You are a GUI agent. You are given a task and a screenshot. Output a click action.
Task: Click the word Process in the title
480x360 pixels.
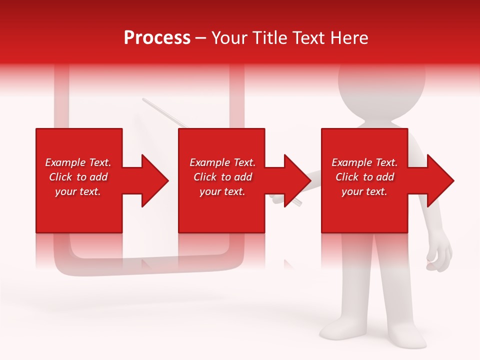click(157, 38)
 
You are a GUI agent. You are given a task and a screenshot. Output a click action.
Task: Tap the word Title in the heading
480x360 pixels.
click(270, 38)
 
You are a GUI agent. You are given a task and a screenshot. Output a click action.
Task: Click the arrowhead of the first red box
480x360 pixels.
click(152, 180)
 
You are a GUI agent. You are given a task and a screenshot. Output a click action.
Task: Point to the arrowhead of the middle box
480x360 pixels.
click(295, 180)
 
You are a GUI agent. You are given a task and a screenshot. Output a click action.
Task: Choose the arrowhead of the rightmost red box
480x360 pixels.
click(438, 180)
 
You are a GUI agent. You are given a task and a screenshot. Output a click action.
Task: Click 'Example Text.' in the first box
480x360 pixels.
click(78, 162)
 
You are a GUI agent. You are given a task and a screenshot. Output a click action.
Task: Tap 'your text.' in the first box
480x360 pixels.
click(78, 191)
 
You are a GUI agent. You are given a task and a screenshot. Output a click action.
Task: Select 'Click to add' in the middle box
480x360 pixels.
click(222, 177)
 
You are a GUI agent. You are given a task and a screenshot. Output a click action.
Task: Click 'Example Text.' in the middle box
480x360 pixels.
click(222, 162)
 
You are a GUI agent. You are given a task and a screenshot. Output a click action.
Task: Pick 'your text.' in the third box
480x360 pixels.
click(364, 191)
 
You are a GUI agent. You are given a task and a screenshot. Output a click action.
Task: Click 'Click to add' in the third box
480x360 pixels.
click(364, 177)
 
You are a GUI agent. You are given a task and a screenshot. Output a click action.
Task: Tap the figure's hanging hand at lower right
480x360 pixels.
click(439, 257)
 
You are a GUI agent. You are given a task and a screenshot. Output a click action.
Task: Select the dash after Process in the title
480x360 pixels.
click(200, 38)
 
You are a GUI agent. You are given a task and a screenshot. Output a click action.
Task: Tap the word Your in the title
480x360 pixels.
click(229, 38)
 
